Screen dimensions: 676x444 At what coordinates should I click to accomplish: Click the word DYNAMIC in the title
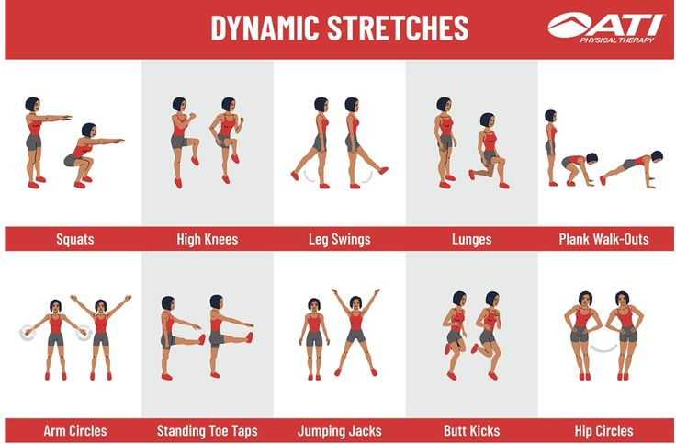click(265, 28)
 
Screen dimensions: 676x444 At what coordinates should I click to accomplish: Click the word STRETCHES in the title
click(398, 28)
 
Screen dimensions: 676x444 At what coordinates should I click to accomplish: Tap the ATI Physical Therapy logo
click(605, 28)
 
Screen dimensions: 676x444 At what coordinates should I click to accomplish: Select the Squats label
click(75, 239)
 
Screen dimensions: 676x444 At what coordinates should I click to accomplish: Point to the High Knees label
click(208, 239)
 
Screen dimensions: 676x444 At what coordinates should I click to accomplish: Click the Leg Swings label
click(340, 239)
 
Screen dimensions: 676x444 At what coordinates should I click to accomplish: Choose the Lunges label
click(472, 239)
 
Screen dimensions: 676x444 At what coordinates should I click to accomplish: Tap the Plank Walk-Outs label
click(604, 239)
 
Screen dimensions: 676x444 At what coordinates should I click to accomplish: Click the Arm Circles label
click(75, 430)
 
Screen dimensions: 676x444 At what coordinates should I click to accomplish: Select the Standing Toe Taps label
click(208, 430)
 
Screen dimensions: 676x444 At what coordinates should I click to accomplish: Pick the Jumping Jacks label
click(340, 430)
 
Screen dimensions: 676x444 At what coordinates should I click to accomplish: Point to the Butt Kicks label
click(472, 430)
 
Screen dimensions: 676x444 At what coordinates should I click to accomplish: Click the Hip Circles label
click(604, 430)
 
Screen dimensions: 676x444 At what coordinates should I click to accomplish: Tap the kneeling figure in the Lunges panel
click(489, 151)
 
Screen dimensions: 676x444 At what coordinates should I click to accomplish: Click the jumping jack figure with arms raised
click(355, 332)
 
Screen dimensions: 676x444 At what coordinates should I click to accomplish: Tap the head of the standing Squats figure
click(32, 105)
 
